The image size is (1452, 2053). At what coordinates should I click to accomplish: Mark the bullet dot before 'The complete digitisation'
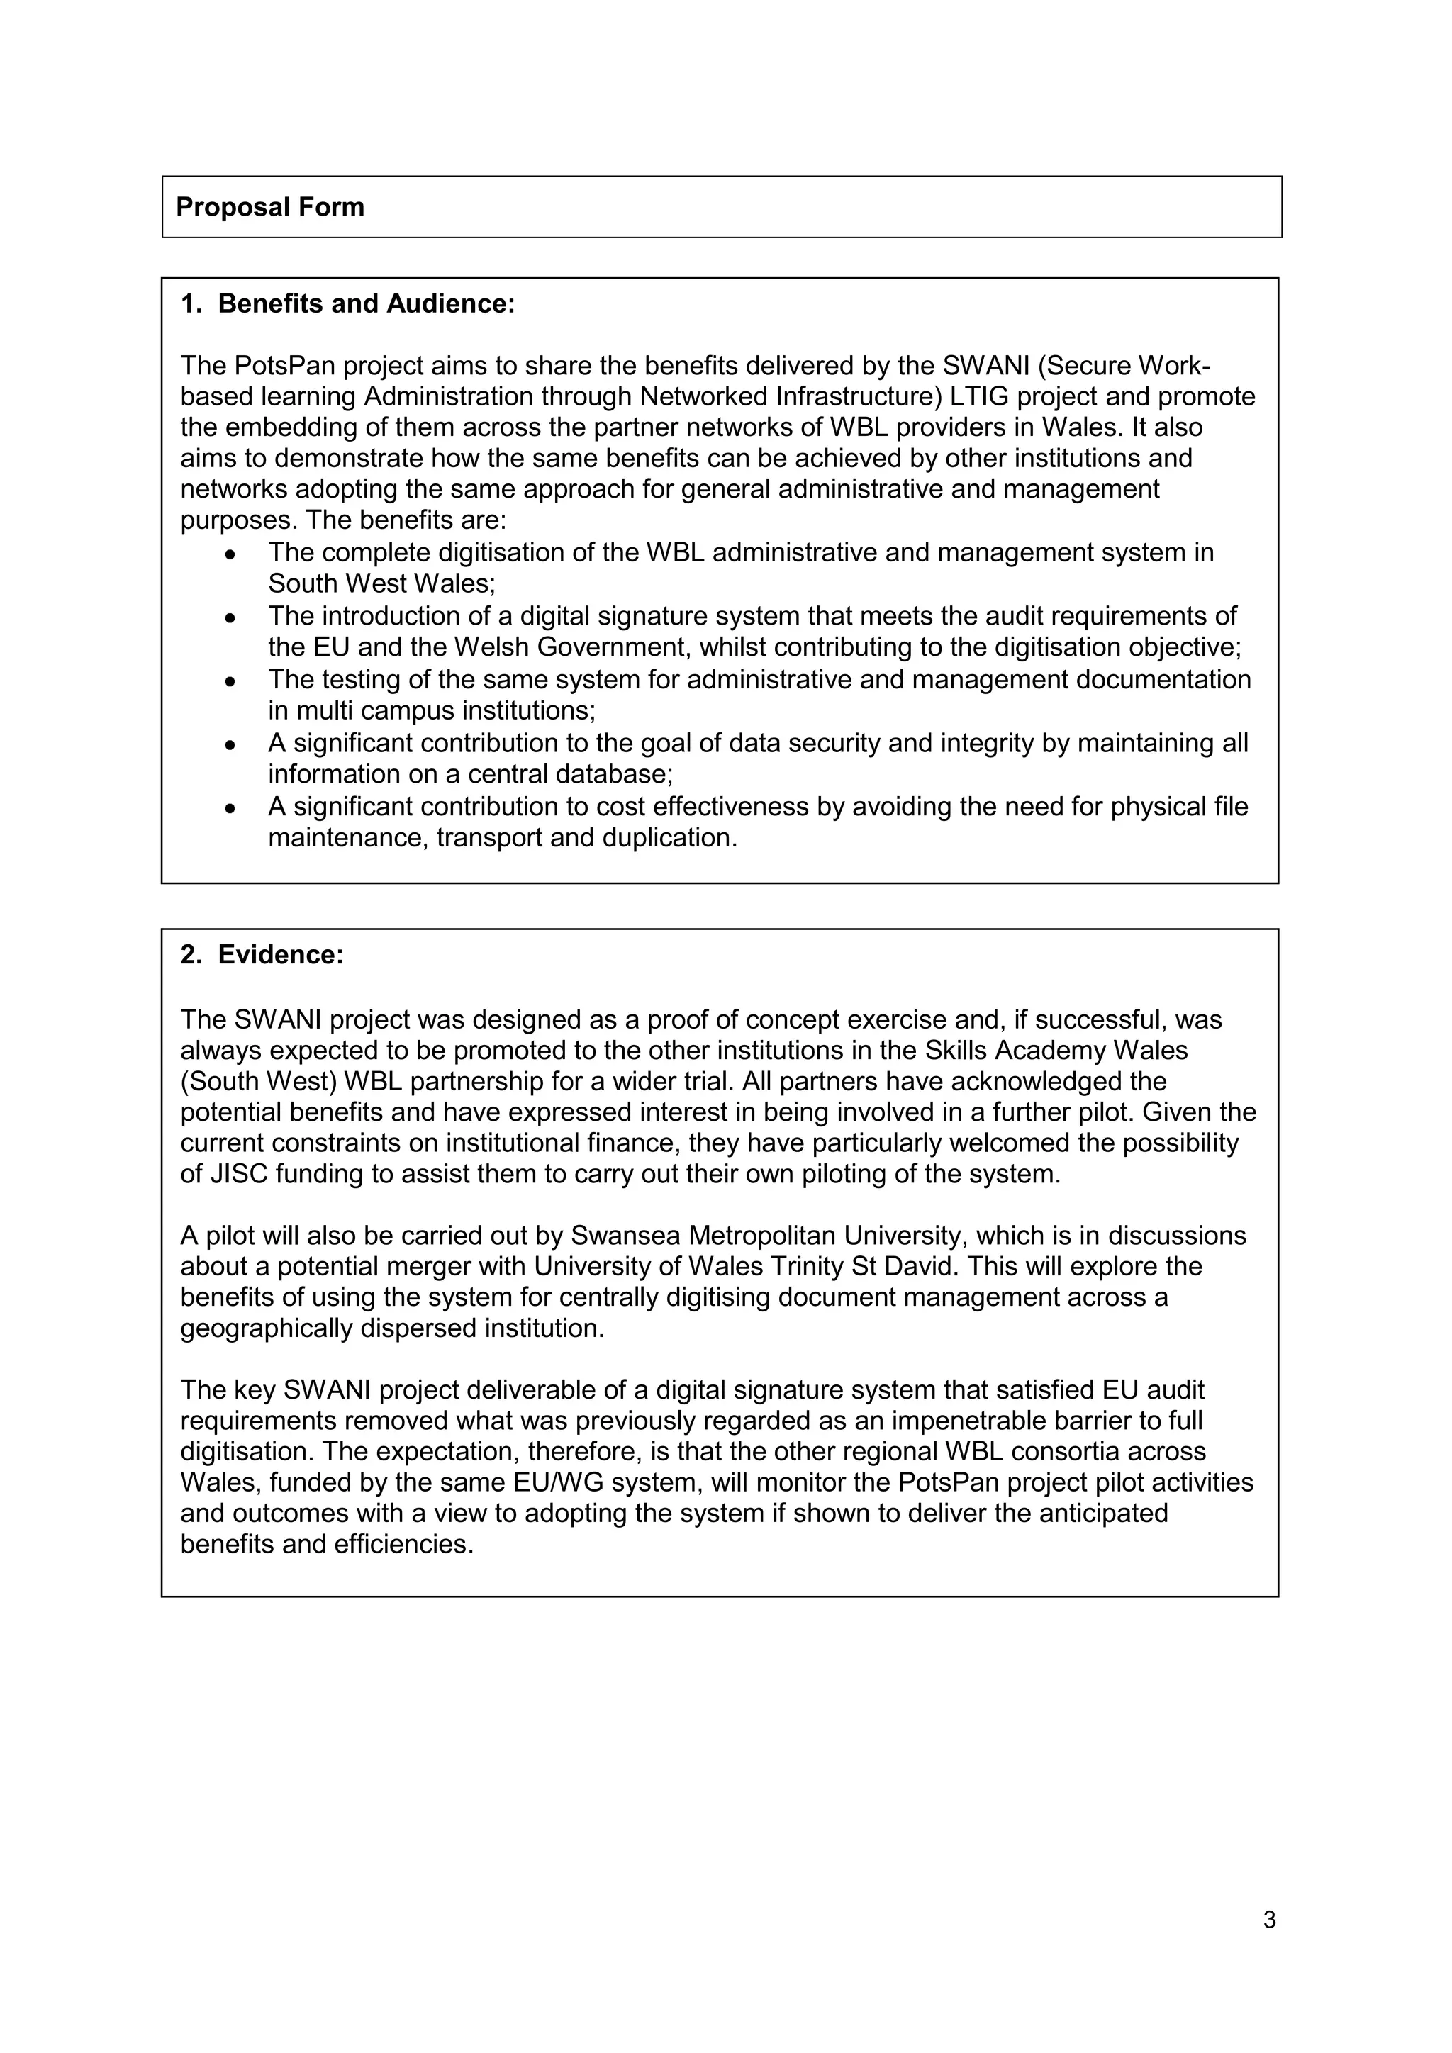[230, 554]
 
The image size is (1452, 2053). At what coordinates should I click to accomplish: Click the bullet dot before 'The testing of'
[230, 681]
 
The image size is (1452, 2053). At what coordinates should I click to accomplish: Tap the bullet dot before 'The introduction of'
[230, 618]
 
